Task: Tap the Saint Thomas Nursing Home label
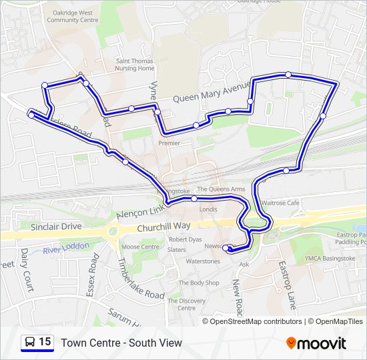[135, 65]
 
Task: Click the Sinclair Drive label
[56, 227]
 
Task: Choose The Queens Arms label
[221, 189]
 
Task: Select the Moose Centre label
[140, 247]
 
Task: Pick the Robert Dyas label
[185, 239]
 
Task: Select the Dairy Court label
[27, 271]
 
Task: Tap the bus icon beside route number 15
[29, 343]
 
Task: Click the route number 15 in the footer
[45, 342]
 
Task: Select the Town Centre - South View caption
[121, 343]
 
